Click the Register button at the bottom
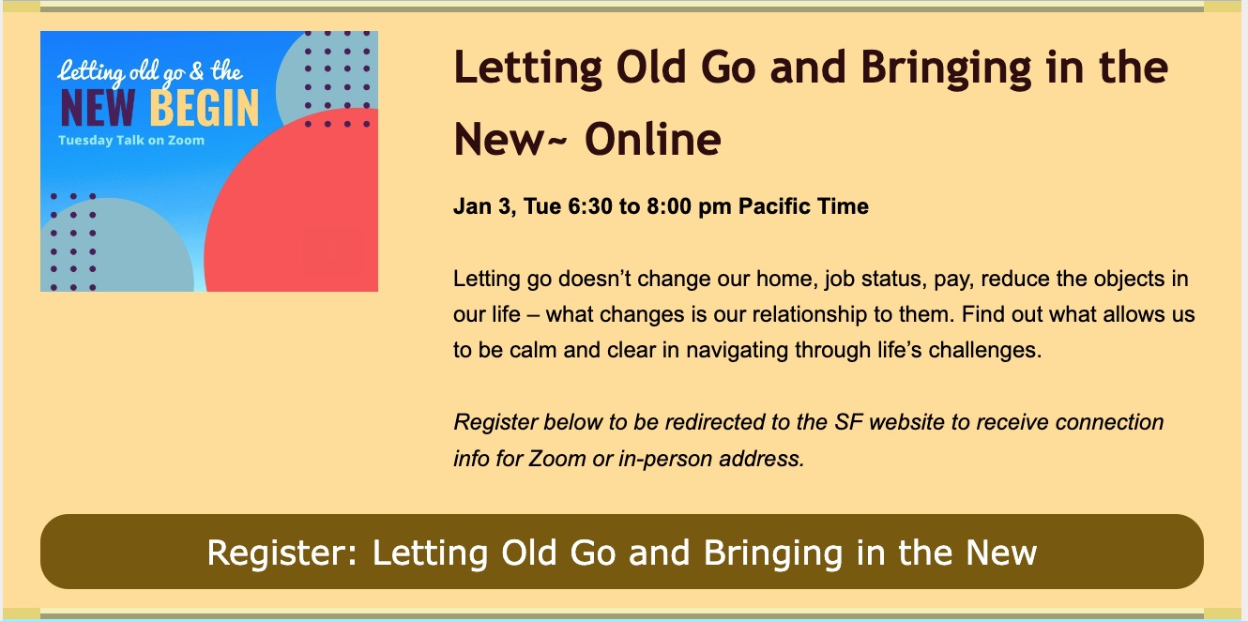pyautogui.click(x=622, y=552)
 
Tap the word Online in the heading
pyautogui.click(x=652, y=139)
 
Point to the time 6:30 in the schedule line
pyautogui.click(x=590, y=206)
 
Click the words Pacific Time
pyautogui.click(x=803, y=206)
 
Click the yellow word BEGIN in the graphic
pyautogui.click(x=205, y=108)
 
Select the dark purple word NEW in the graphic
pyautogui.click(x=98, y=108)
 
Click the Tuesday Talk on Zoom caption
pyautogui.click(x=131, y=141)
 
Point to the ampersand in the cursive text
pyautogui.click(x=197, y=71)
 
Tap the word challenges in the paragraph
pyautogui.click(x=984, y=350)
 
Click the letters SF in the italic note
pyautogui.click(x=848, y=422)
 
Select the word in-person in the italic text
pyautogui.click(x=665, y=459)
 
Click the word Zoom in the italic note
pyautogui.click(x=556, y=459)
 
